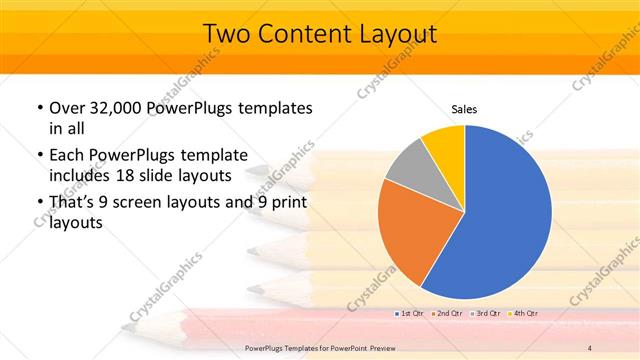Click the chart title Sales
(x=464, y=109)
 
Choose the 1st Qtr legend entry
(x=409, y=313)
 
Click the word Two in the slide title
(x=227, y=34)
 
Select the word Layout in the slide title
(x=398, y=34)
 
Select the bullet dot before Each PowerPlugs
(x=38, y=156)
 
